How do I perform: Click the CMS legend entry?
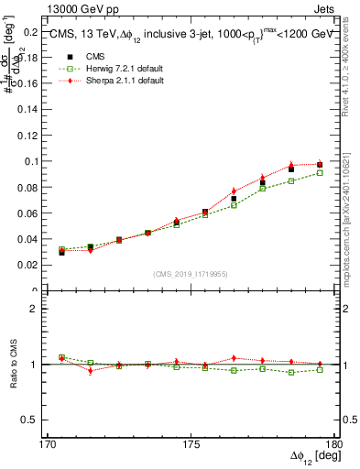(x=91, y=56)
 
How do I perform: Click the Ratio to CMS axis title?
(x=13, y=365)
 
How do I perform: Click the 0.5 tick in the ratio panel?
(x=34, y=420)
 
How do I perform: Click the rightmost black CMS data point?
(x=320, y=165)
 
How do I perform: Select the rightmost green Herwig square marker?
(x=320, y=172)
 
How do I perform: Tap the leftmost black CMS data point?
(x=62, y=251)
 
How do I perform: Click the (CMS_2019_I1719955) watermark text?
(x=190, y=274)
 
